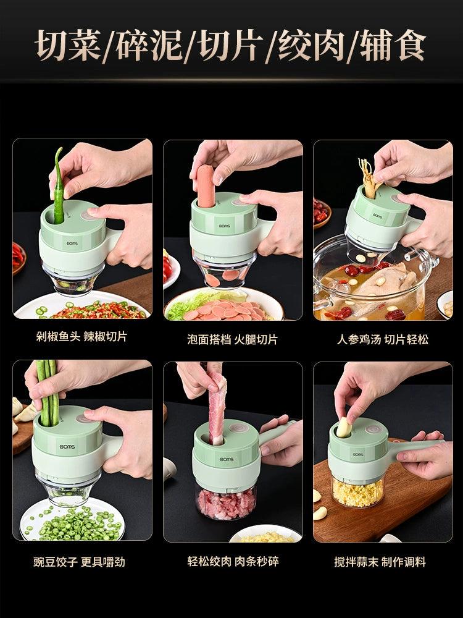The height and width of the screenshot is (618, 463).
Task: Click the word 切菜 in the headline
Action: click(x=68, y=44)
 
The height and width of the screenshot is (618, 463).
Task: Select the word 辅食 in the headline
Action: click(x=393, y=44)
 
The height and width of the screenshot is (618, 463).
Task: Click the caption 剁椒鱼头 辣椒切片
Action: click(x=81, y=337)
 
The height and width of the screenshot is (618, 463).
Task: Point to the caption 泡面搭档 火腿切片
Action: click(x=232, y=339)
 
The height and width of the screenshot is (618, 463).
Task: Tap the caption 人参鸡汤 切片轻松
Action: click(x=382, y=339)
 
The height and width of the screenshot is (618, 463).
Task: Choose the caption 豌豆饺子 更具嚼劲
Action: click(x=79, y=561)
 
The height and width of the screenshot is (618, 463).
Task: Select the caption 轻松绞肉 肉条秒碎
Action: click(x=233, y=561)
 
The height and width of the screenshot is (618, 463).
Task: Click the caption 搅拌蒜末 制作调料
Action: click(x=380, y=561)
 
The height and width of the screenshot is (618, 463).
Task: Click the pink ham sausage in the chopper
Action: click(x=206, y=186)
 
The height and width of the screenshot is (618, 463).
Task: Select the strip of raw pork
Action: click(x=216, y=410)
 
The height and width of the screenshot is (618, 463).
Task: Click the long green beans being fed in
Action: click(x=48, y=393)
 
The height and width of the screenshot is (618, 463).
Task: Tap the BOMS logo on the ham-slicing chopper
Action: click(x=225, y=226)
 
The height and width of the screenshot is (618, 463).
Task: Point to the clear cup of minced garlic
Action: click(x=357, y=490)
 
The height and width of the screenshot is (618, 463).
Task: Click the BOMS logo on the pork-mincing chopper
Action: click(x=227, y=459)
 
